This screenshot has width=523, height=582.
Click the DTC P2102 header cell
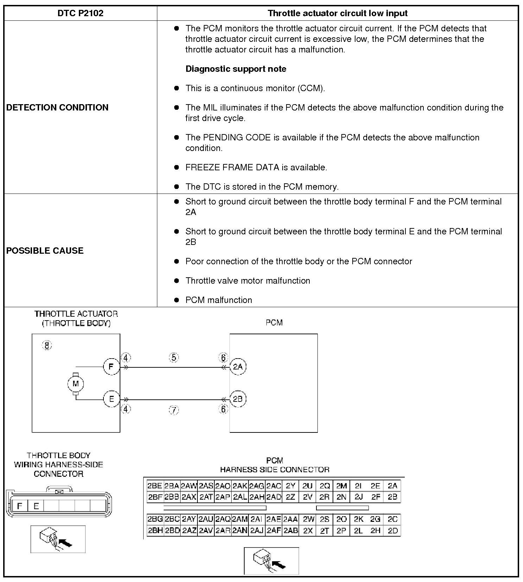(x=80, y=13)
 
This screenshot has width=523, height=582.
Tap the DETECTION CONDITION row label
(x=57, y=107)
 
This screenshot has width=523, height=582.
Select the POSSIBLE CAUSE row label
(x=45, y=251)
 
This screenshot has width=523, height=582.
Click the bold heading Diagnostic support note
(x=236, y=69)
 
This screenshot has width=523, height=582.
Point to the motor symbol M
(x=75, y=384)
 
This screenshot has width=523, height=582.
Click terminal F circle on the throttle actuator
(x=111, y=367)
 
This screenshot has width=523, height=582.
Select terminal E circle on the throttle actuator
(x=111, y=399)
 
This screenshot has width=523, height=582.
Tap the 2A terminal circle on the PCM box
(x=238, y=367)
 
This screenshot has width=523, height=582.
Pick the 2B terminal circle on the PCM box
(x=238, y=399)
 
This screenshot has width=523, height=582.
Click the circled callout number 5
(x=174, y=358)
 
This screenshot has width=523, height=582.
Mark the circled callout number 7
(x=174, y=410)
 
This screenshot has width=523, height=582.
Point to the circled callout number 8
(x=47, y=345)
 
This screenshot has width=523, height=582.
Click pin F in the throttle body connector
(x=20, y=506)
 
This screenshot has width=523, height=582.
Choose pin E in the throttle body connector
(x=36, y=506)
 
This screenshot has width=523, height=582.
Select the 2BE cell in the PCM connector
(x=155, y=486)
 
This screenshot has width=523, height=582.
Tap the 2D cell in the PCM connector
(x=392, y=531)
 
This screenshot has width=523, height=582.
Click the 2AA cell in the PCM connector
(x=291, y=519)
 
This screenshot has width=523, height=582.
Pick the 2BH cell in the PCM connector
(x=155, y=531)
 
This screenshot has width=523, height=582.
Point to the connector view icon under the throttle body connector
(x=58, y=539)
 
